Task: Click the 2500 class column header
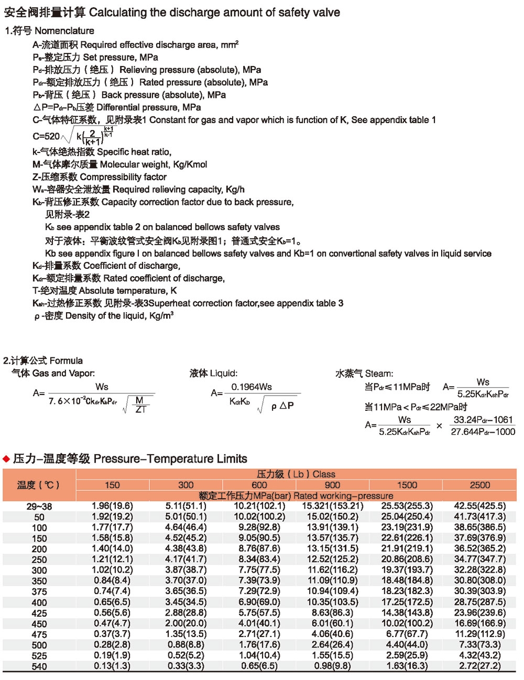pyautogui.click(x=479, y=485)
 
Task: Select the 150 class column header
pyautogui.click(x=112, y=485)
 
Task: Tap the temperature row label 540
pyautogui.click(x=39, y=666)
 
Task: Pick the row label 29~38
pyautogui.click(x=39, y=507)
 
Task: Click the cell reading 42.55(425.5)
pyautogui.click(x=479, y=506)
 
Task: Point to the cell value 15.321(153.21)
pyautogui.click(x=332, y=506)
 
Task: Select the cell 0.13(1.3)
pyautogui.click(x=112, y=666)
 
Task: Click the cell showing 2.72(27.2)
pyautogui.click(x=479, y=666)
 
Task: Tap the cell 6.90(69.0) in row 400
pyautogui.click(x=259, y=602)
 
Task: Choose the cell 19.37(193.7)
pyautogui.click(x=407, y=570)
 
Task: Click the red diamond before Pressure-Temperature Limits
pyautogui.click(x=6, y=459)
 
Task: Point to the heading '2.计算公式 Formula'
pyautogui.click(x=43, y=360)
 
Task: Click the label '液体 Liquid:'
pyautogui.click(x=213, y=374)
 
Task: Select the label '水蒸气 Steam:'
pyautogui.click(x=364, y=374)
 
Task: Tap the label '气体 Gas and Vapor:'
pyautogui.click(x=53, y=374)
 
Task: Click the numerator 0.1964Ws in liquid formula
pyautogui.click(x=252, y=387)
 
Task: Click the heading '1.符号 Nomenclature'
pyautogui.click(x=49, y=31)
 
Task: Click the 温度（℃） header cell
pyautogui.click(x=38, y=485)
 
